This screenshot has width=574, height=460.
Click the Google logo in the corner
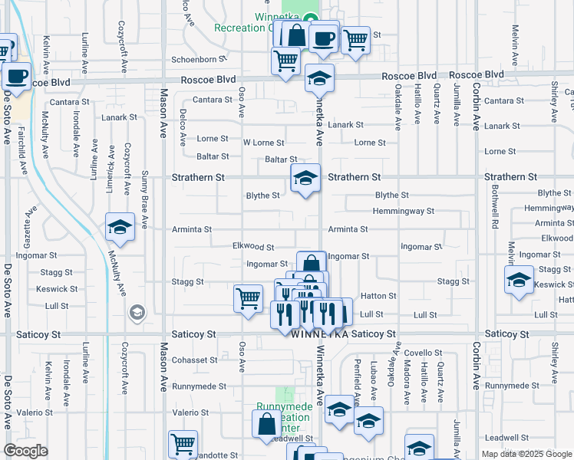26,451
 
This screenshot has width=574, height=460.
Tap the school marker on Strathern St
305,179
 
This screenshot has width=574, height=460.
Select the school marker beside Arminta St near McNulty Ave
120,227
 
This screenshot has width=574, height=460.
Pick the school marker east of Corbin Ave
519,280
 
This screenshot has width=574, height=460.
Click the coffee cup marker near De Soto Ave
16,77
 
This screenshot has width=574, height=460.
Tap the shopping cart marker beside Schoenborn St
285,61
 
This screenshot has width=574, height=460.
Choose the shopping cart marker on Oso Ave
248,298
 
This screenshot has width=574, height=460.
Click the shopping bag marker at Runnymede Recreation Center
266,424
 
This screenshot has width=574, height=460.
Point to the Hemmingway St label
404,211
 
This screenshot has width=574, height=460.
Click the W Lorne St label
264,143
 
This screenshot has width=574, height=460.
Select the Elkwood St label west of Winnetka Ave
253,247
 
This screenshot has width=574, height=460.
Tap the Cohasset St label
195,360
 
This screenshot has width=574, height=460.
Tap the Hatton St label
378,296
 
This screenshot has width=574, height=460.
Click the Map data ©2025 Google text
526,454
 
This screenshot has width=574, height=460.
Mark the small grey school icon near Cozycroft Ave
137,312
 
